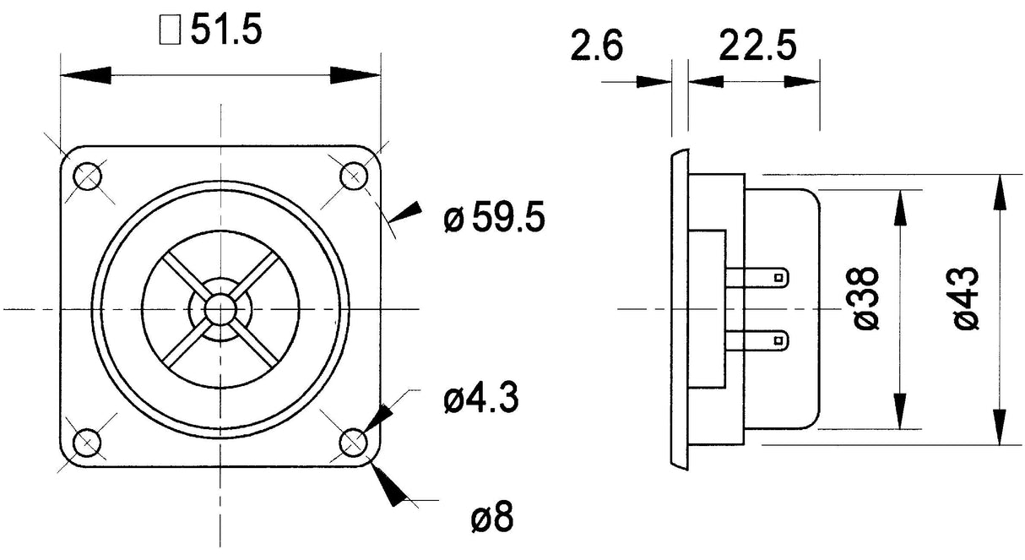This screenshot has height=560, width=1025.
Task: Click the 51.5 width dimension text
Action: [226, 30]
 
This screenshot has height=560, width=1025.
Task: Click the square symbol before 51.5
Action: [169, 31]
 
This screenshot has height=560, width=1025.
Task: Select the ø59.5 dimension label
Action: [494, 220]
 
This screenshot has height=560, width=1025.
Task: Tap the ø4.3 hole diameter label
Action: [480, 399]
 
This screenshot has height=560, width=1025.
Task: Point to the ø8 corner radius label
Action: [491, 517]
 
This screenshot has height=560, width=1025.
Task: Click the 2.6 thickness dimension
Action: [596, 47]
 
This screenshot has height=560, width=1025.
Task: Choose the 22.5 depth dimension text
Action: [757, 47]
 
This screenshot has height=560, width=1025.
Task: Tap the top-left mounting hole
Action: [87, 177]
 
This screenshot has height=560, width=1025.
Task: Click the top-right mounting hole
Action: [353, 177]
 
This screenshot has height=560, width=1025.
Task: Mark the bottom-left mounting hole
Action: [87, 442]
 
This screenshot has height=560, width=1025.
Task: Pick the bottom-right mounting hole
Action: [353, 442]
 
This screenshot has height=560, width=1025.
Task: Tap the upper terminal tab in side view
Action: [760, 276]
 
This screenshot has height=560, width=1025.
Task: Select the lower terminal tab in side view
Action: [760, 340]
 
